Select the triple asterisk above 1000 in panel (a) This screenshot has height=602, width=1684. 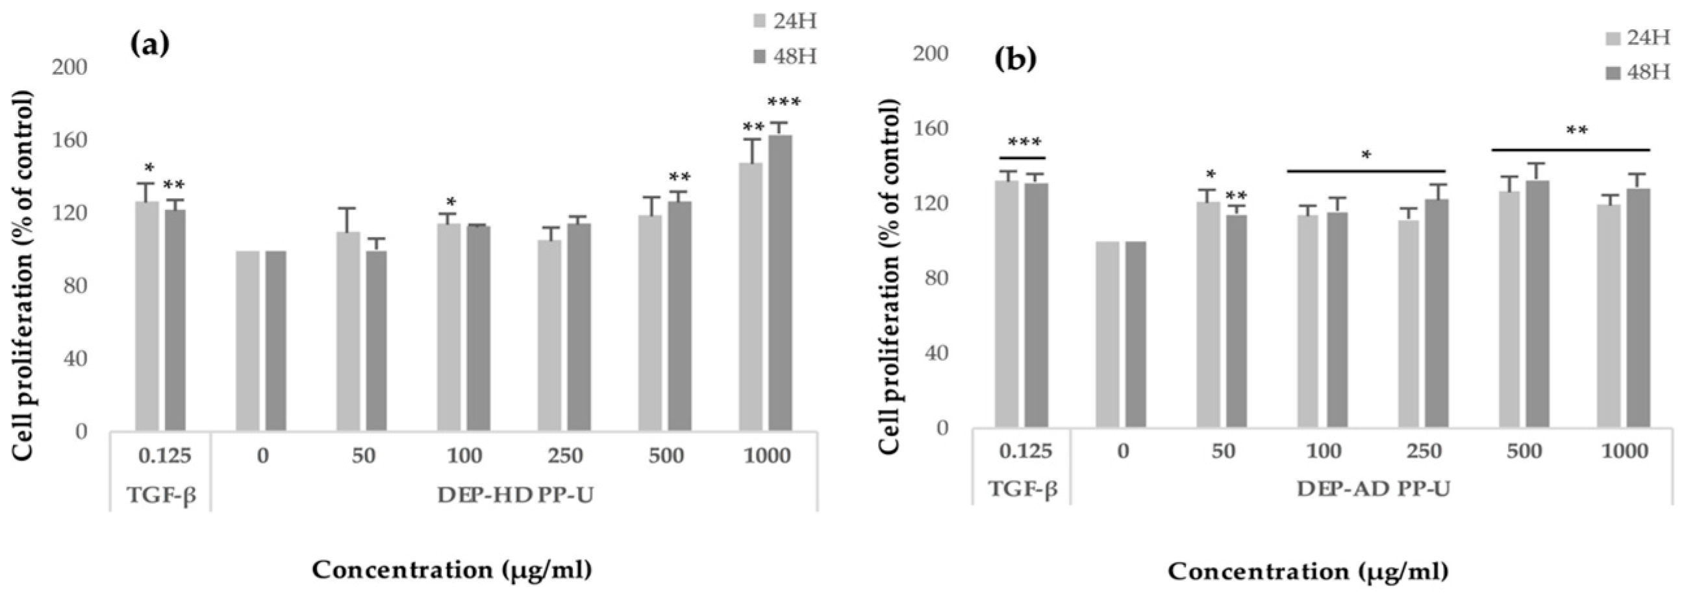784,103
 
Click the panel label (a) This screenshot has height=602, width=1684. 150,44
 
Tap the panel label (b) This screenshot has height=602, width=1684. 1015,59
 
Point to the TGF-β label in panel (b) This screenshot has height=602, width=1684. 1022,488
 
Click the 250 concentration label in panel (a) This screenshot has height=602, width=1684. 565,455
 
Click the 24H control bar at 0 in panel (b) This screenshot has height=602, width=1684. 1107,334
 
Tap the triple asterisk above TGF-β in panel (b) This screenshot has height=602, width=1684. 1024,142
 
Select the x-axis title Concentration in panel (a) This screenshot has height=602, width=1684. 452,570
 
